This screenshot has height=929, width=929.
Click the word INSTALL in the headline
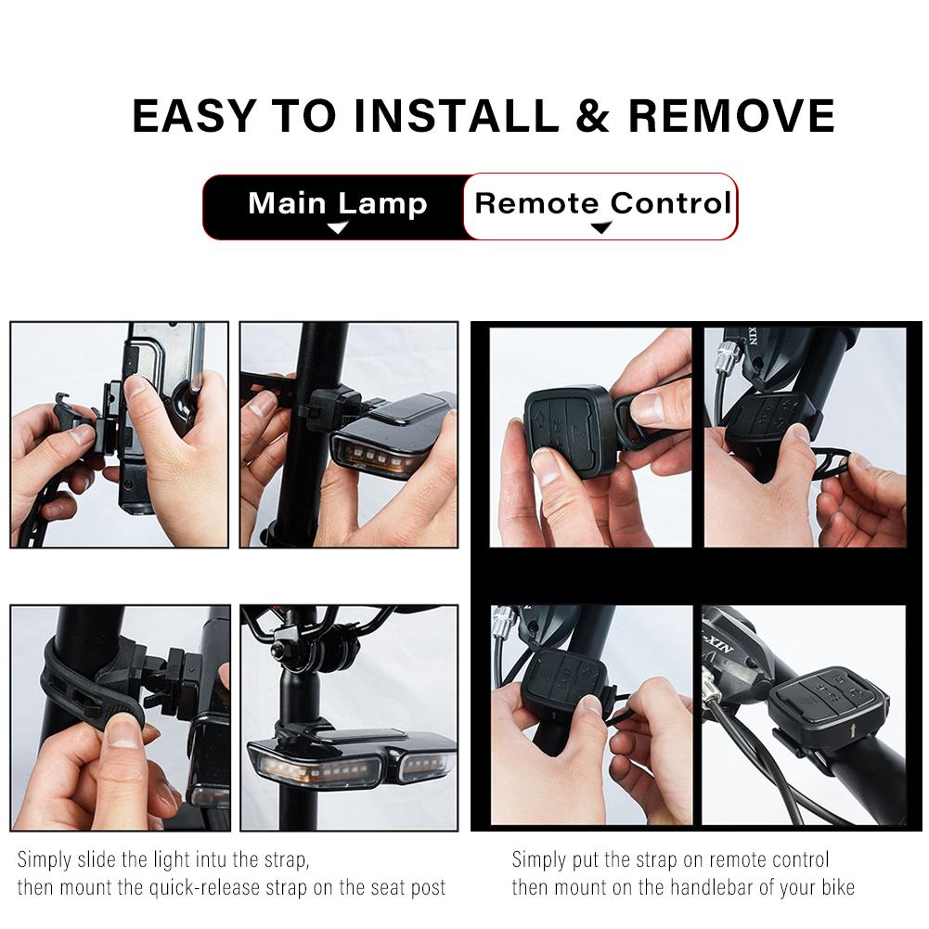tap(457, 115)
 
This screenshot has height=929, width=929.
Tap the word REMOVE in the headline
tap(731, 115)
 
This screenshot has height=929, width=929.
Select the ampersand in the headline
tap(593, 115)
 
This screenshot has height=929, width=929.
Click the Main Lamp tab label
tap(337, 204)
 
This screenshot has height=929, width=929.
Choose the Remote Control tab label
tap(603, 203)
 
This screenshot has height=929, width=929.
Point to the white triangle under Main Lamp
tap(338, 227)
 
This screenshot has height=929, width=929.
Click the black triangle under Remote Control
tap(600, 227)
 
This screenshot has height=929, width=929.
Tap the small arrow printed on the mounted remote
tap(853, 729)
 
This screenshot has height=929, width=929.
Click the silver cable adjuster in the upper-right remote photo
tap(727, 356)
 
